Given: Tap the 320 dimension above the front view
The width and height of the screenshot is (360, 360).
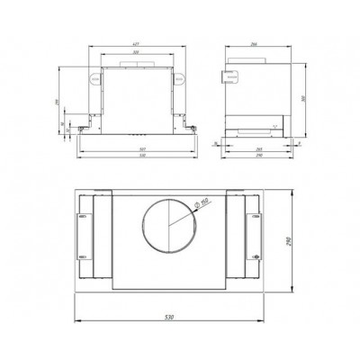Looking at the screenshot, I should point(137,54).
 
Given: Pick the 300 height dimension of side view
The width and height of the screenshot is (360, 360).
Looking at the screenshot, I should point(303,98).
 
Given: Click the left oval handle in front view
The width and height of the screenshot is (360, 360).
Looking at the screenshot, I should point(93,78).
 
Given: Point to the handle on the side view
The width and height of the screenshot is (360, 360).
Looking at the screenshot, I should point(233,78).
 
